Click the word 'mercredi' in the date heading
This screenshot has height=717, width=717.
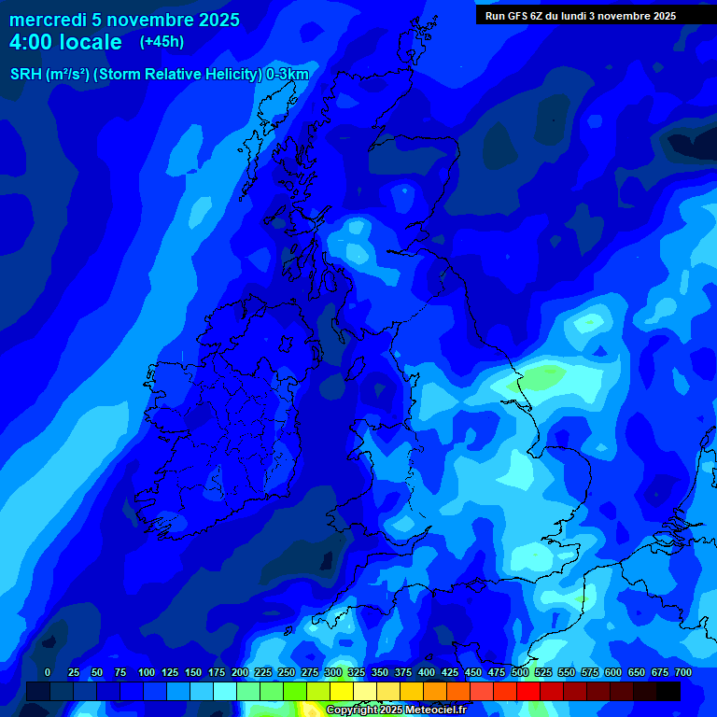click(x=47, y=20)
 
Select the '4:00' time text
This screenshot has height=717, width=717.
click(x=28, y=42)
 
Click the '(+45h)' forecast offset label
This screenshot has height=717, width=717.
click(x=162, y=42)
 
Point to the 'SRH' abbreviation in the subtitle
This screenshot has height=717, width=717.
click(x=25, y=75)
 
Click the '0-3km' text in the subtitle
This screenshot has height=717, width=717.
click(x=288, y=75)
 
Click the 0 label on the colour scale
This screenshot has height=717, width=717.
click(x=48, y=672)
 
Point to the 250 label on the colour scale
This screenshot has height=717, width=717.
click(x=287, y=672)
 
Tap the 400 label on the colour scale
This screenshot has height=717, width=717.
click(x=427, y=672)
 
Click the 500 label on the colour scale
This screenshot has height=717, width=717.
click(x=520, y=672)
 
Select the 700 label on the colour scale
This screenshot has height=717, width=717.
click(x=683, y=672)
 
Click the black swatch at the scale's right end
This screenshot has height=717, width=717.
click(x=668, y=692)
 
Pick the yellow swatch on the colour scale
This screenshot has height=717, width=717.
click(x=342, y=692)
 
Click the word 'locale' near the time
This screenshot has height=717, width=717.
click(x=91, y=42)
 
